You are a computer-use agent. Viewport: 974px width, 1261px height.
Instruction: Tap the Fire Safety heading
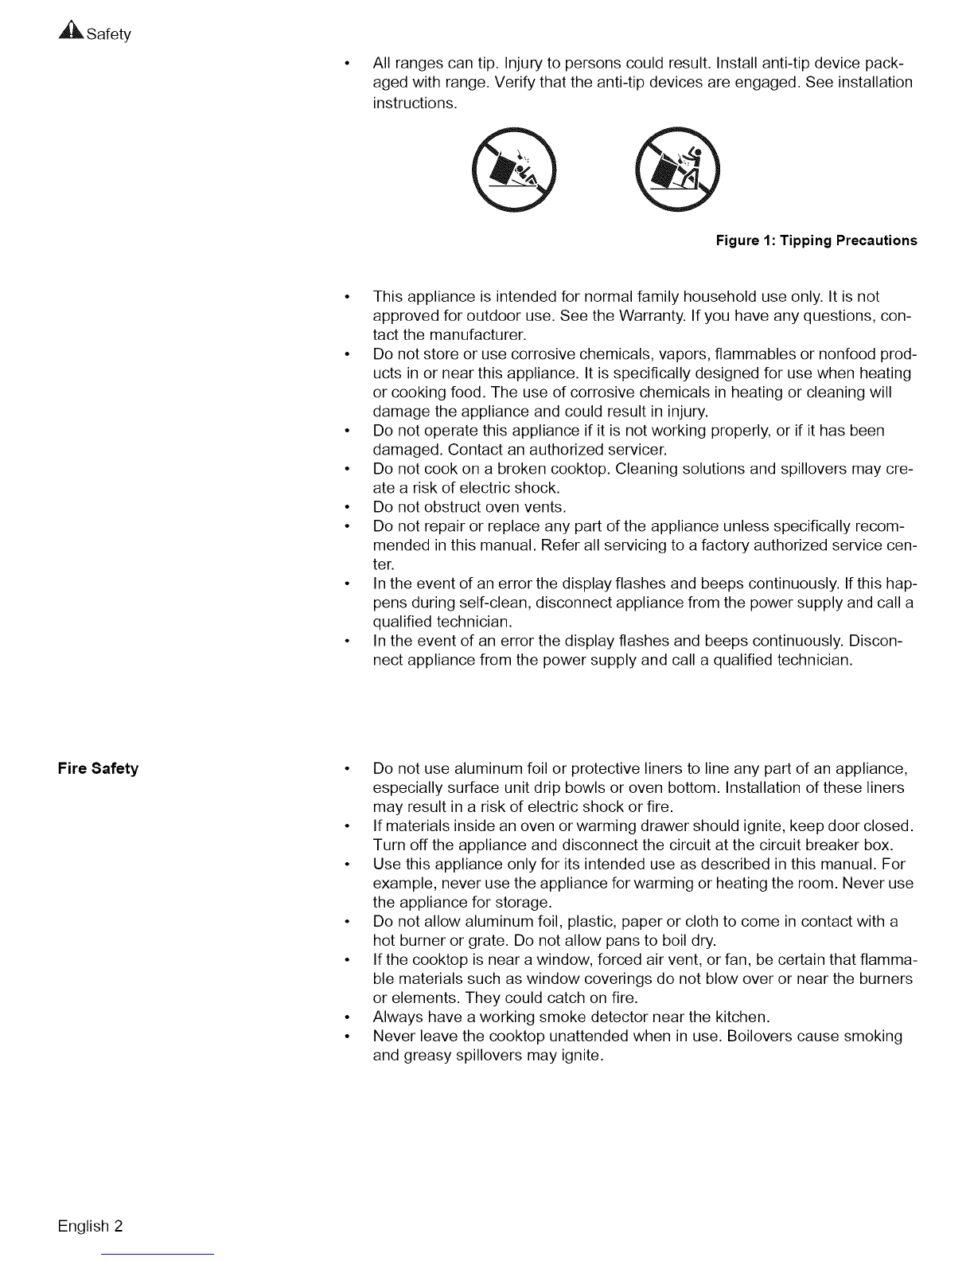pos(98,768)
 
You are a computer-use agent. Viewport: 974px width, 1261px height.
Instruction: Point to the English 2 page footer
pos(90,1225)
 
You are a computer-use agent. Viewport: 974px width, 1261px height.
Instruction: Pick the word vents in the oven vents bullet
pos(544,507)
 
